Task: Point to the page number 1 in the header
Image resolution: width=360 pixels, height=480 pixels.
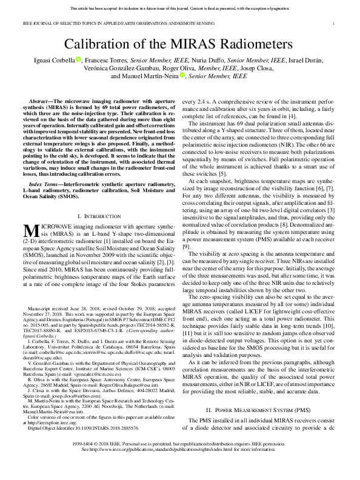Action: pos(334,23)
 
